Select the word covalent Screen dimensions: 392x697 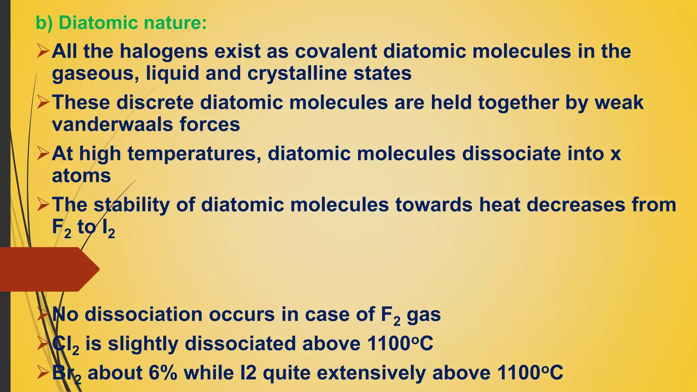click(336, 51)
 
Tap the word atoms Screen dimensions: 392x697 click(81, 176)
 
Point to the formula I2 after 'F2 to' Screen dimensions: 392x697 click(108, 228)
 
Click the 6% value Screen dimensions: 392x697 click(163, 373)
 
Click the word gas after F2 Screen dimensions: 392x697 click(424, 314)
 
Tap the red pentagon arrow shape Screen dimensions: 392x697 click(48, 269)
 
